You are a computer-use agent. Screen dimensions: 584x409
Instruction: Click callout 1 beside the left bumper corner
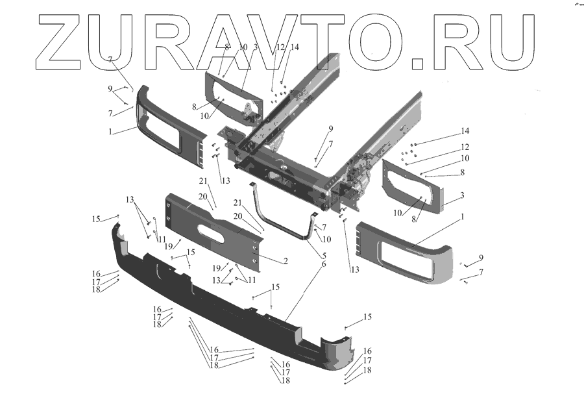click(111, 131)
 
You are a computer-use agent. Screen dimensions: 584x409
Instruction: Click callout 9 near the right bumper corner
click(481, 258)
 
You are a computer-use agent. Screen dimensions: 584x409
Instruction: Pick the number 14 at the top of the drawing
click(295, 47)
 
